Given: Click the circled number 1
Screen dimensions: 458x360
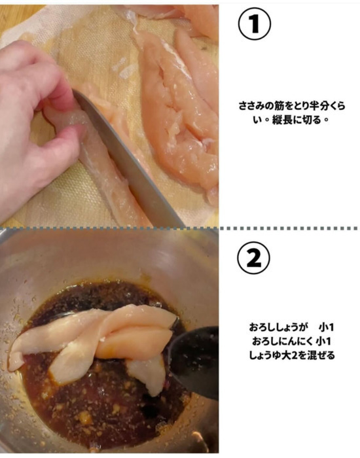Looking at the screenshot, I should [253, 25].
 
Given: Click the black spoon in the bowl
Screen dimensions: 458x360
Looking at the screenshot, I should [194, 360].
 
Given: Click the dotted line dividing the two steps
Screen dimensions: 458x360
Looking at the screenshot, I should [180, 228].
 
